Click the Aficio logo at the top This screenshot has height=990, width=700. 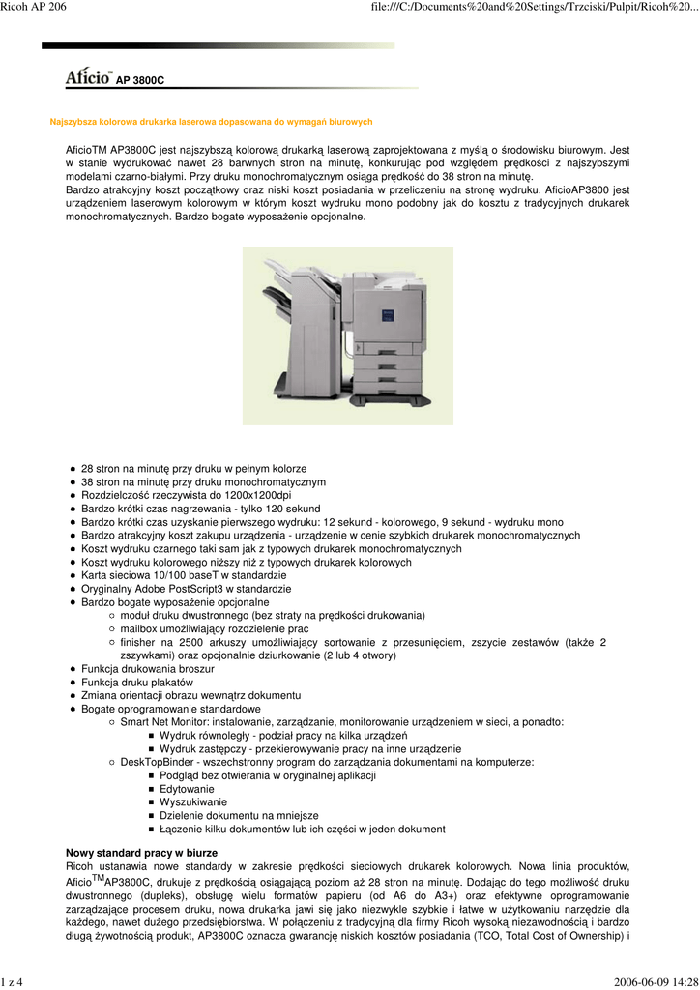pyautogui.click(x=89, y=77)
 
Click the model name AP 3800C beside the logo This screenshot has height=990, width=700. pyautogui.click(x=140, y=81)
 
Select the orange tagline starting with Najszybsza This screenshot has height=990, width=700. pyautogui.click(x=211, y=122)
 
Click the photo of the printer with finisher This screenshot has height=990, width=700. pyautogui.click(x=347, y=335)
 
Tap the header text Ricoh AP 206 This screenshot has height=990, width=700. pyautogui.click(x=34, y=8)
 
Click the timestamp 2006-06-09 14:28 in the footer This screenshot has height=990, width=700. pyautogui.click(x=655, y=982)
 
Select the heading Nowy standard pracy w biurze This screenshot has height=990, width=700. pyautogui.click(x=141, y=853)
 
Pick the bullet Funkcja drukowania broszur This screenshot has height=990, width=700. pyautogui.click(x=148, y=669)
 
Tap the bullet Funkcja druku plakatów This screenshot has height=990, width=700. pyautogui.click(x=137, y=683)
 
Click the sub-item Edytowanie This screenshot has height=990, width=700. pyautogui.click(x=187, y=789)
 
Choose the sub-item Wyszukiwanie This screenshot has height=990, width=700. pyautogui.click(x=193, y=802)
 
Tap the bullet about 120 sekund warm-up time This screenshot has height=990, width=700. pyautogui.click(x=200, y=509)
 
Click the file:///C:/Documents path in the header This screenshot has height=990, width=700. pyautogui.click(x=534, y=8)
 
